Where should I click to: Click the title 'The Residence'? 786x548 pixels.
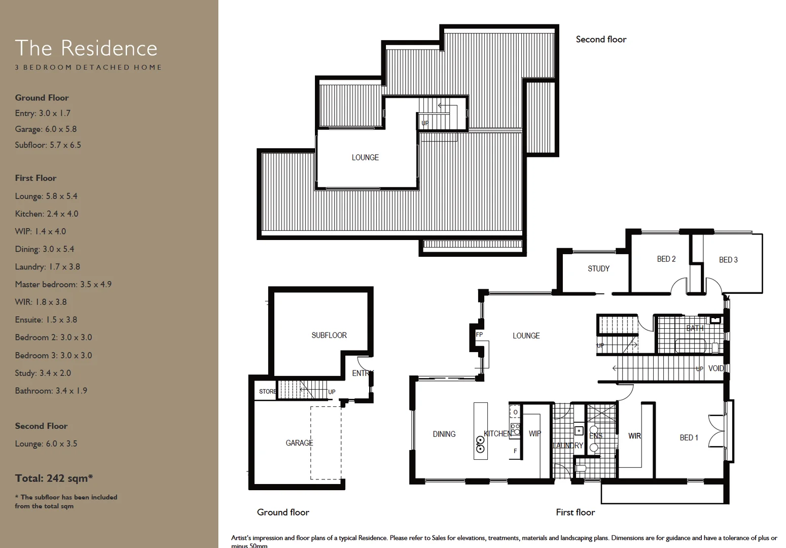[86, 48]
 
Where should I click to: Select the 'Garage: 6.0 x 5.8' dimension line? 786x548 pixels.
[46, 129]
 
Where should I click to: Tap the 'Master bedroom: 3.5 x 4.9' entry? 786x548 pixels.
[63, 284]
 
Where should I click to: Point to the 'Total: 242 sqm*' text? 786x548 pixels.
[54, 478]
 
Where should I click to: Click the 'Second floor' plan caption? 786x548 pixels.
[601, 40]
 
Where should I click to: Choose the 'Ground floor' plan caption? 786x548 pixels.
[283, 512]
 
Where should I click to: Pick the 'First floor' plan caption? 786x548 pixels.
[575, 512]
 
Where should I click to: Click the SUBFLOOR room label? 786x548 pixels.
[329, 335]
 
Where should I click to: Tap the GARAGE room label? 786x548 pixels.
[299, 443]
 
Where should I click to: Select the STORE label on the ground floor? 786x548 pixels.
[267, 392]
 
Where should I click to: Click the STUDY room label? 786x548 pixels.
[598, 269]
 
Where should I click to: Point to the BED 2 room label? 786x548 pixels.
[666, 259]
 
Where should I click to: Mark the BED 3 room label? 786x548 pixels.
[728, 260]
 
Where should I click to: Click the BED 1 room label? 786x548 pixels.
[689, 437]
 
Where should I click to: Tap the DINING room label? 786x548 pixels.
[444, 434]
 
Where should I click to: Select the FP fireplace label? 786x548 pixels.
[479, 335]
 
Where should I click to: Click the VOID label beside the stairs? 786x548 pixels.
[716, 368]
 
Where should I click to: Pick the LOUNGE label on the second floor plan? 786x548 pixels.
[365, 158]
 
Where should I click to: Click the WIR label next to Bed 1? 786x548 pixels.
[634, 436]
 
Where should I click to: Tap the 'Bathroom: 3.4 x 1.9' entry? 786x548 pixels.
[51, 391]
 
